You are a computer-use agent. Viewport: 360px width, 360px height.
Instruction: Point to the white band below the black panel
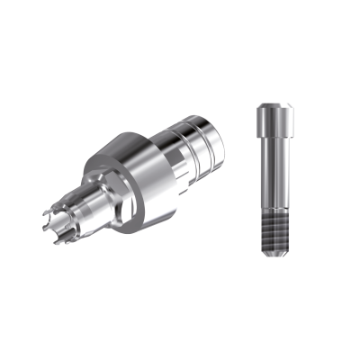[180, 328]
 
